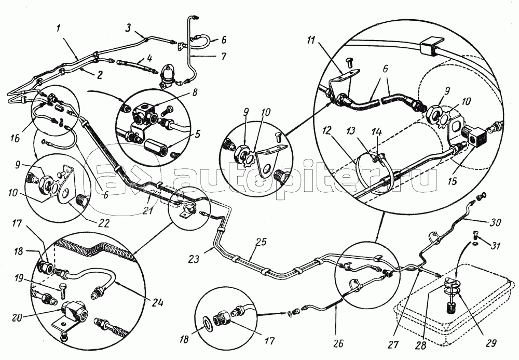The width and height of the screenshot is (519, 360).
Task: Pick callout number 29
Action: [x=490, y=343]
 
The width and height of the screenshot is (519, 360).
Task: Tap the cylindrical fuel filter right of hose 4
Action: [x=168, y=76]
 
